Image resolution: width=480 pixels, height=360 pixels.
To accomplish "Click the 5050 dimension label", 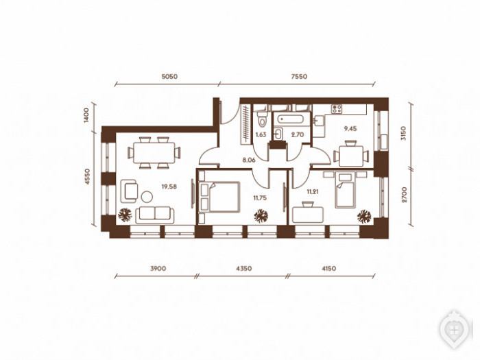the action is point(169,77).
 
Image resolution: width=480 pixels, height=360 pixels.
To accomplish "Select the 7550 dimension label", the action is point(299,77).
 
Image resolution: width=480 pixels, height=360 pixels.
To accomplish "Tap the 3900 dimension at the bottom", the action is point(158,269).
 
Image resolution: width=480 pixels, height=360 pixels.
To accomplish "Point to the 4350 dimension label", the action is point(243,269).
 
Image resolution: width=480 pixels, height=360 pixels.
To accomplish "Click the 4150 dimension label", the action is point(328,269).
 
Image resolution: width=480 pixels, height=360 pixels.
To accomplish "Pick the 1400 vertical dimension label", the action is point(86,115).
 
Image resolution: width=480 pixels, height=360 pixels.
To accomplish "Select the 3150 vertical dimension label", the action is point(403,133).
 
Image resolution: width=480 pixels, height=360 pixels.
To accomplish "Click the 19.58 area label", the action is point(169,187).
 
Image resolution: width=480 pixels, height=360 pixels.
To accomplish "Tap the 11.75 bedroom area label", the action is point(260,197).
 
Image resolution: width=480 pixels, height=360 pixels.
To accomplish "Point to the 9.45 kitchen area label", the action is point(350,129).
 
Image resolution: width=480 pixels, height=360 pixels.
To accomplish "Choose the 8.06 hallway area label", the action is point(248,160).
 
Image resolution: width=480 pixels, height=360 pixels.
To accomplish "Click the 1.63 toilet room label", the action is point(261,134).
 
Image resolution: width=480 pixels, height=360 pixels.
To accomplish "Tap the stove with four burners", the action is point(337,109).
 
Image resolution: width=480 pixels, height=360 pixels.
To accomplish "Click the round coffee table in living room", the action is point(147,197).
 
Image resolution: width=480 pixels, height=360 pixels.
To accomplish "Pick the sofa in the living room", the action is point(155,215).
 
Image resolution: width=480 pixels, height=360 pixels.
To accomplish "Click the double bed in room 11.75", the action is point(219,197).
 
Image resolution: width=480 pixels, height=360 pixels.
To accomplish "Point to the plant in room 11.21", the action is point(364,216).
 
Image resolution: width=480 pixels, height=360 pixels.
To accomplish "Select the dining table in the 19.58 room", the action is point(154,153).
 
